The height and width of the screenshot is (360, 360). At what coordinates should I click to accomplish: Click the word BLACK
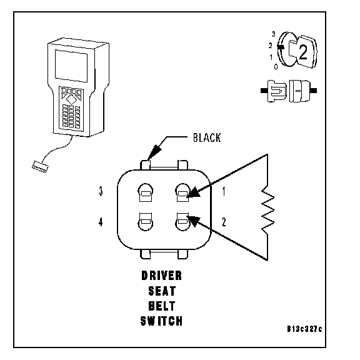pos(207,137)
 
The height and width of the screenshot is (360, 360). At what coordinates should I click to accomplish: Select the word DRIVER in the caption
pos(162,276)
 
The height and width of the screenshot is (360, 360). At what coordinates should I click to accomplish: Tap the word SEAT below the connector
pos(162,291)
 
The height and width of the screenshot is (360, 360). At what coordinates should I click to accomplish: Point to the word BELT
pos(162,306)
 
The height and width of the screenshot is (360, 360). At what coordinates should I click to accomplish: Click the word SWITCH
pos(162,321)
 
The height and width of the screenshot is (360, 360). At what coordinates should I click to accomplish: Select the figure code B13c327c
pos(304,329)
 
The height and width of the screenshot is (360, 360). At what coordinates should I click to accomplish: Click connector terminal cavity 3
pos(146,192)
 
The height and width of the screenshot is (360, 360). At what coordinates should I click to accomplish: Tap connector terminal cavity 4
pos(146,221)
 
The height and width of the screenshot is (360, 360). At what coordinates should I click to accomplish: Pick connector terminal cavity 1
pos(182,192)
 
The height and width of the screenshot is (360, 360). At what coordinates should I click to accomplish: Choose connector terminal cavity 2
pos(182,221)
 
